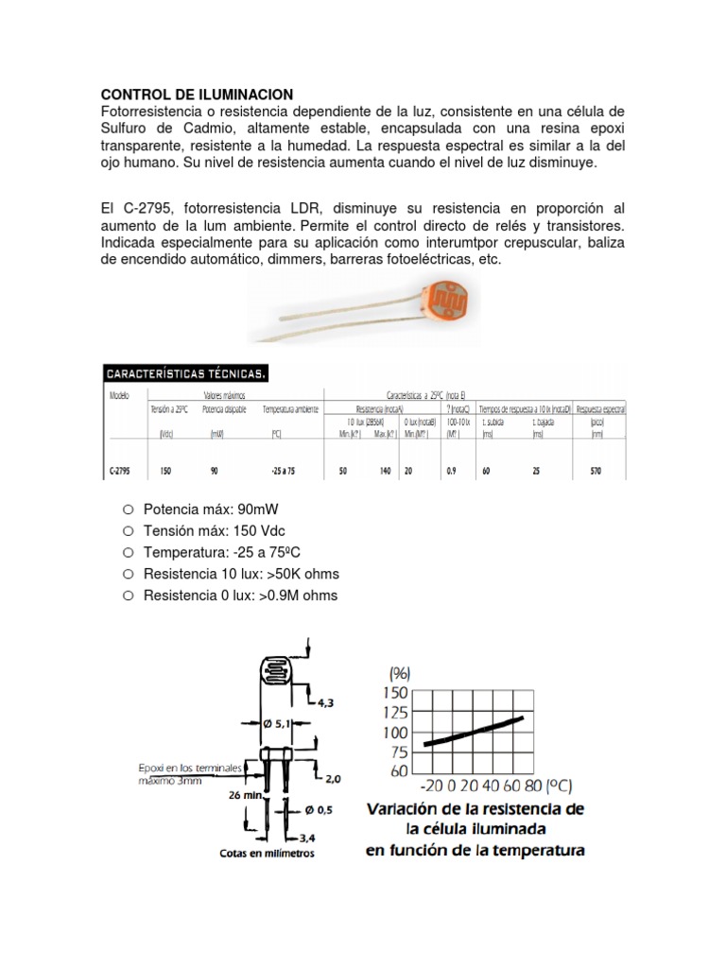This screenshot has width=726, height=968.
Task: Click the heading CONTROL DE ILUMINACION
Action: pos(197,95)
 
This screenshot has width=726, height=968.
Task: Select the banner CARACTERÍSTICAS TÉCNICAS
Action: pos(186,372)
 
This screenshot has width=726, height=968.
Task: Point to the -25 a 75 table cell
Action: pos(284,470)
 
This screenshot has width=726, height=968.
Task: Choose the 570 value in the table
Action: pos(596,470)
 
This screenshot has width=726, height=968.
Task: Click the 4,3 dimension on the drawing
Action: pos(326,702)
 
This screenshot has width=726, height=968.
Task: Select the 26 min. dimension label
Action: pos(245,795)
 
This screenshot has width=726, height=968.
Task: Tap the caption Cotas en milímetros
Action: pos(267,853)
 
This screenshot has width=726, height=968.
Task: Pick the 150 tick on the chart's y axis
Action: pos(395,692)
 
